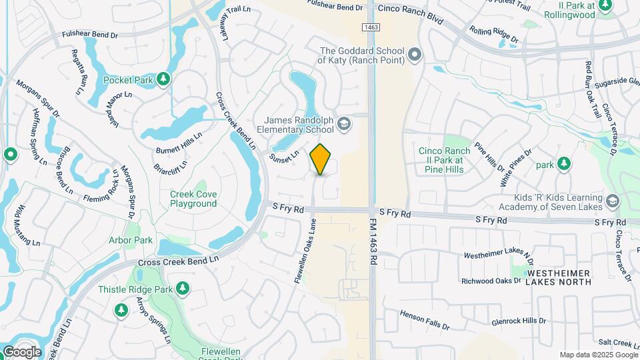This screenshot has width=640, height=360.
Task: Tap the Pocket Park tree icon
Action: (163, 80)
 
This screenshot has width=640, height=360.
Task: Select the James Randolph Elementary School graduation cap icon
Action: (343, 124)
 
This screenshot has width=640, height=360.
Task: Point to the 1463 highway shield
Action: (371, 27)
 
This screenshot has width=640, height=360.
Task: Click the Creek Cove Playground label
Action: (193, 199)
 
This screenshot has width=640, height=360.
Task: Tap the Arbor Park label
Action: (131, 240)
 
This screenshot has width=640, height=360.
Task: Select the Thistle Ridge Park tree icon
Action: (181, 289)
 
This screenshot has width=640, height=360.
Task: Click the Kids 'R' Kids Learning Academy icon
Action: (613, 201)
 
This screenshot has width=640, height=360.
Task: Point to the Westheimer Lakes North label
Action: (558, 277)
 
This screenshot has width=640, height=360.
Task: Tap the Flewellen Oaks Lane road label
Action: (306, 252)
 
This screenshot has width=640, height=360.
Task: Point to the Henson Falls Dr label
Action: (425, 319)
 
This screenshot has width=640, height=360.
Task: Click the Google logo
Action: (21, 352)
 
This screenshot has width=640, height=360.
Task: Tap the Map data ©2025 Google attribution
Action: (599, 355)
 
